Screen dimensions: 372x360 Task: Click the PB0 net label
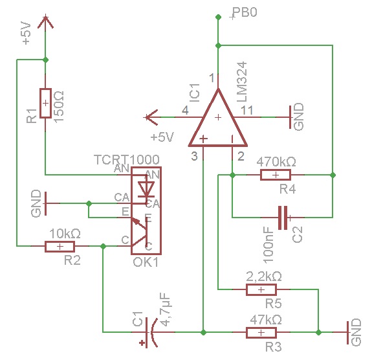point(245,12)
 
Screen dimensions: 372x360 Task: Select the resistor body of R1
point(45,103)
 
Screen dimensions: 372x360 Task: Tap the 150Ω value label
point(59,107)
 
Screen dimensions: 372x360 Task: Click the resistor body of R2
point(60,247)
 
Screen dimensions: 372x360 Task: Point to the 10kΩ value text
point(65,234)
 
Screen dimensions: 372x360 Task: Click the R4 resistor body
point(276,175)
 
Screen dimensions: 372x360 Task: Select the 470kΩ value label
point(276,162)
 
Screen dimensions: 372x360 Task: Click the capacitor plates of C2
point(282,218)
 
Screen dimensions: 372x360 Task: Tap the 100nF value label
point(268,245)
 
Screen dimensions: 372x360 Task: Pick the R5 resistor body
point(261,289)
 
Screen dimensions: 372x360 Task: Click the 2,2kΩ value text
point(264,276)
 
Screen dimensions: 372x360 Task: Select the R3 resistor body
point(261,332)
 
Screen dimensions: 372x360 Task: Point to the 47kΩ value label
point(266,320)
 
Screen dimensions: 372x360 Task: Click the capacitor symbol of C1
point(150,332)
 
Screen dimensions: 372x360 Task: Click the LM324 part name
point(242,82)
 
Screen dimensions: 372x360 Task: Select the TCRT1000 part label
point(127,159)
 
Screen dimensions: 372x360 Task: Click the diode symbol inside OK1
point(146,189)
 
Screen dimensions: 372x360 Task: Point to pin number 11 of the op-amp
point(246,111)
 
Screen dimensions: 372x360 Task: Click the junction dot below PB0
point(218,45)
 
